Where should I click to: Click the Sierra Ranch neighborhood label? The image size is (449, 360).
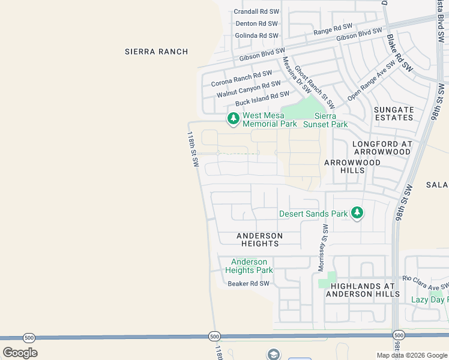pyautogui.click(x=156, y=52)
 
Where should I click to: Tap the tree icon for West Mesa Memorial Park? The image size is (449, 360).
pyautogui.click(x=233, y=119)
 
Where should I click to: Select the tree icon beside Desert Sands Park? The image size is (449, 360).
pyautogui.click(x=357, y=213)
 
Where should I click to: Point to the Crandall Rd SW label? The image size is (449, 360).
pyautogui.click(x=256, y=11)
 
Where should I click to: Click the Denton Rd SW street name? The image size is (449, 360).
pyautogui.click(x=257, y=23)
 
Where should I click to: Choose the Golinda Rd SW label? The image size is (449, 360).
pyautogui.click(x=256, y=35)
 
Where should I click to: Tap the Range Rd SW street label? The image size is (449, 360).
pyautogui.click(x=333, y=28)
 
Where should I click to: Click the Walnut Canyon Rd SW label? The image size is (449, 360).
pyautogui.click(x=249, y=89)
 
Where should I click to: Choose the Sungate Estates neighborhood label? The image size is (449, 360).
pyautogui.click(x=394, y=113)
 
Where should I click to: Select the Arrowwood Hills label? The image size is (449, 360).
pyautogui.click(x=352, y=166)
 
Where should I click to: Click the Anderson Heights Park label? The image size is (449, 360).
pyautogui.click(x=249, y=266)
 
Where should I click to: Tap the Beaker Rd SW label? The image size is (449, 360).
pyautogui.click(x=249, y=283)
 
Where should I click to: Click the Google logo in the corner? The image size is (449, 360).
pyautogui.click(x=20, y=353)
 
